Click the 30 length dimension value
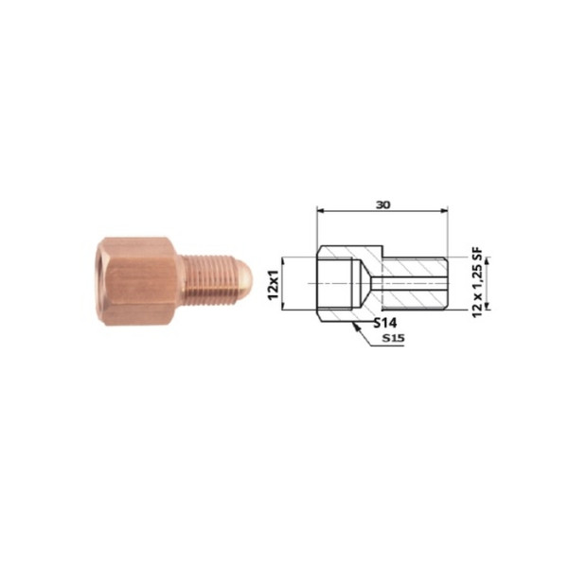click(382, 205)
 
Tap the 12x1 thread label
click(274, 284)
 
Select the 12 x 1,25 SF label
click(477, 281)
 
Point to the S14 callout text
click(385, 322)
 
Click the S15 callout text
click(394, 338)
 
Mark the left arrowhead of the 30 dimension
click(321, 210)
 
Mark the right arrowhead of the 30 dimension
click(444, 210)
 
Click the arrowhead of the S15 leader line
click(356, 327)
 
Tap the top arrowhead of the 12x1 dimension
click(282, 261)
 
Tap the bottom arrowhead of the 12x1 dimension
click(282, 306)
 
